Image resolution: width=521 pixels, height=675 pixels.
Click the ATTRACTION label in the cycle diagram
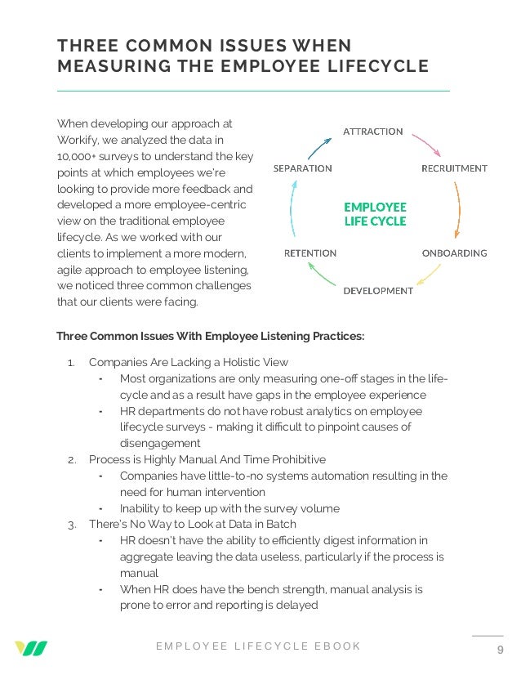click(x=372, y=131)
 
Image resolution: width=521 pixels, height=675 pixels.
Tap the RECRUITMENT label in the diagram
click(x=454, y=168)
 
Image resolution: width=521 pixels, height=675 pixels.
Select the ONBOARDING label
click(x=454, y=253)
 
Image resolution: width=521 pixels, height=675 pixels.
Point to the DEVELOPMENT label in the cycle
click(x=378, y=290)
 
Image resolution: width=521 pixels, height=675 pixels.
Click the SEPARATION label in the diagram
click(x=302, y=168)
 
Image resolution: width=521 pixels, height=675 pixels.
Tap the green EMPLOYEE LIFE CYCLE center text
click(x=375, y=214)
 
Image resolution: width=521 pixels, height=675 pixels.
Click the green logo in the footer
click(x=30, y=649)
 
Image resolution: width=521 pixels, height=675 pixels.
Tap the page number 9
click(x=500, y=650)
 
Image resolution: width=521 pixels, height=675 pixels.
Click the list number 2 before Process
click(x=72, y=459)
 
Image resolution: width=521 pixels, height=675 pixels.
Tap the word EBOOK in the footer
click(x=337, y=646)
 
